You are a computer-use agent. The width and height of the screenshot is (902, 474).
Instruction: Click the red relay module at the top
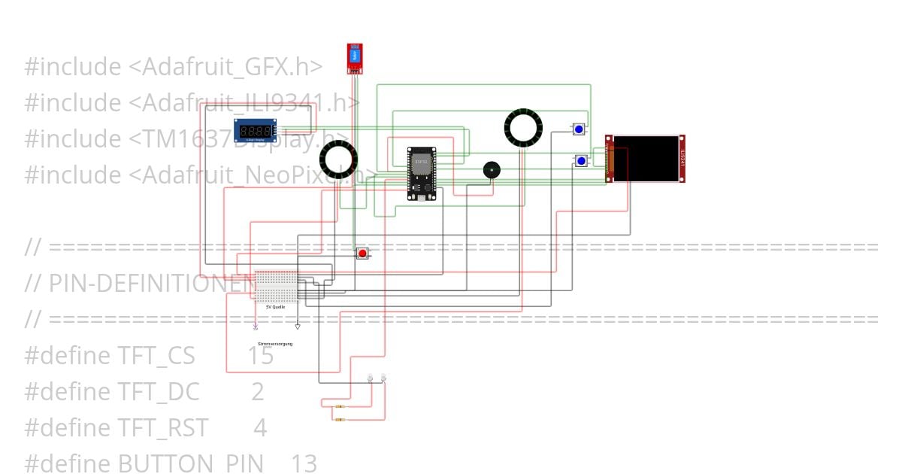tap(354, 59)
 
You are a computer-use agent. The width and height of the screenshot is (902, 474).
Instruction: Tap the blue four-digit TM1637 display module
tap(255, 131)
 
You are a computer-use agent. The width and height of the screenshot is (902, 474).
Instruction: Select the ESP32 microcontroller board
tap(421, 174)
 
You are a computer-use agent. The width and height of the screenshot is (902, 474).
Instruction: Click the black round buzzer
tap(491, 170)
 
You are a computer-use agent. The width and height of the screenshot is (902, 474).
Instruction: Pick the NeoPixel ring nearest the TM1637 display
tap(338, 159)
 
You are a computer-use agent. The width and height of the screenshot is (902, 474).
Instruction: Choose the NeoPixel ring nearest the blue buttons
tap(523, 127)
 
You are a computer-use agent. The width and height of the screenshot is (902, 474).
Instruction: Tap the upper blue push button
tap(578, 129)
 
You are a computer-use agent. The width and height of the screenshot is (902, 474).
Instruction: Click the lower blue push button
tap(581, 160)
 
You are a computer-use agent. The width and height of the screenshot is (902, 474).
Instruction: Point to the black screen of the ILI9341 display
tap(646, 158)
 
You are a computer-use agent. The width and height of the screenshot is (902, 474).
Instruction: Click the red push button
tap(362, 254)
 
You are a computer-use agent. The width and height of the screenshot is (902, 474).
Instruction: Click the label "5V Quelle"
tap(275, 307)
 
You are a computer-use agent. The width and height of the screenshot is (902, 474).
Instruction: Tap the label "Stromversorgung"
tap(275, 344)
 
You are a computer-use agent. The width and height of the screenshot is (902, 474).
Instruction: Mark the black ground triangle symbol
tap(298, 327)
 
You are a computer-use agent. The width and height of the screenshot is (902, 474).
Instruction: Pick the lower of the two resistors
tap(341, 419)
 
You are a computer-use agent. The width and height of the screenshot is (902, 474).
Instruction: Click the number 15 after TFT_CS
tap(261, 356)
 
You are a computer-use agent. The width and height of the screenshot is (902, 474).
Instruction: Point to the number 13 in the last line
tap(304, 463)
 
